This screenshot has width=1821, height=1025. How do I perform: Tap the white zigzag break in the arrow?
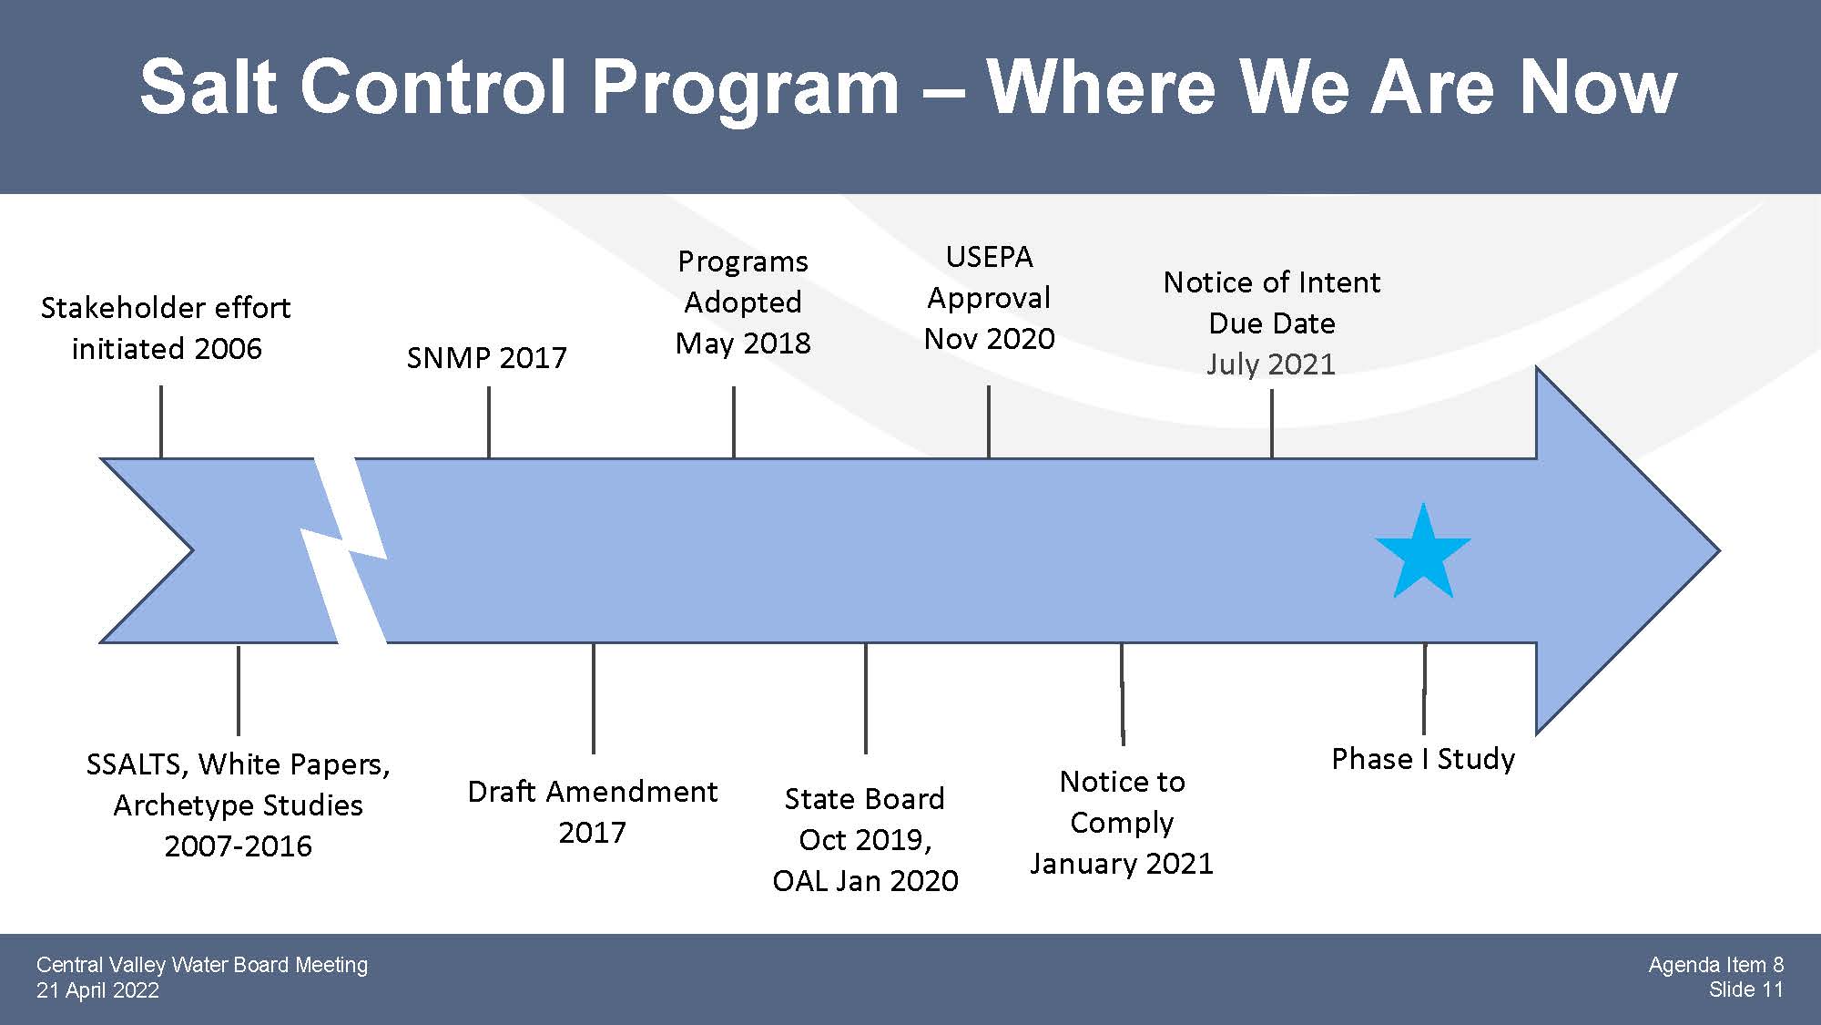[344, 550]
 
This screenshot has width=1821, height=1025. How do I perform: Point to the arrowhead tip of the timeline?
[1719, 550]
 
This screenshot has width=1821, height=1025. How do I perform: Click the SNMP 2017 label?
[486, 357]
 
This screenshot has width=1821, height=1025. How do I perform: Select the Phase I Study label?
[1423, 758]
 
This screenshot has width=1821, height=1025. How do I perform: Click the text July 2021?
[1271, 364]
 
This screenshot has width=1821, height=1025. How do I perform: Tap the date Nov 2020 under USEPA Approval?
[989, 338]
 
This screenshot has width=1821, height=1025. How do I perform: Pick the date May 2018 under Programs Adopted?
[743, 343]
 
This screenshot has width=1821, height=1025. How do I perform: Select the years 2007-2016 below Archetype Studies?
[239, 846]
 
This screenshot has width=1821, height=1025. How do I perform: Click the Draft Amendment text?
[593, 791]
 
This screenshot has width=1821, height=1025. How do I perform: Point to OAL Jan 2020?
[865, 880]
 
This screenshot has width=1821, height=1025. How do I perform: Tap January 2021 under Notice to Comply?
[1122, 863]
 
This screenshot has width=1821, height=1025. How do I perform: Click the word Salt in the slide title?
[209, 87]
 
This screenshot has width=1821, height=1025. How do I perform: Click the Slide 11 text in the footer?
[1746, 989]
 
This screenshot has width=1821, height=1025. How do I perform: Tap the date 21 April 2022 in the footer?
[97, 990]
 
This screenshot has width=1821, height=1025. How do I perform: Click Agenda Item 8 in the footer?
[1716, 965]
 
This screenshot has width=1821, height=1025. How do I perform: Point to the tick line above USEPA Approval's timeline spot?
[989, 421]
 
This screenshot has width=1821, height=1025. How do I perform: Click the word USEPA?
[989, 257]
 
